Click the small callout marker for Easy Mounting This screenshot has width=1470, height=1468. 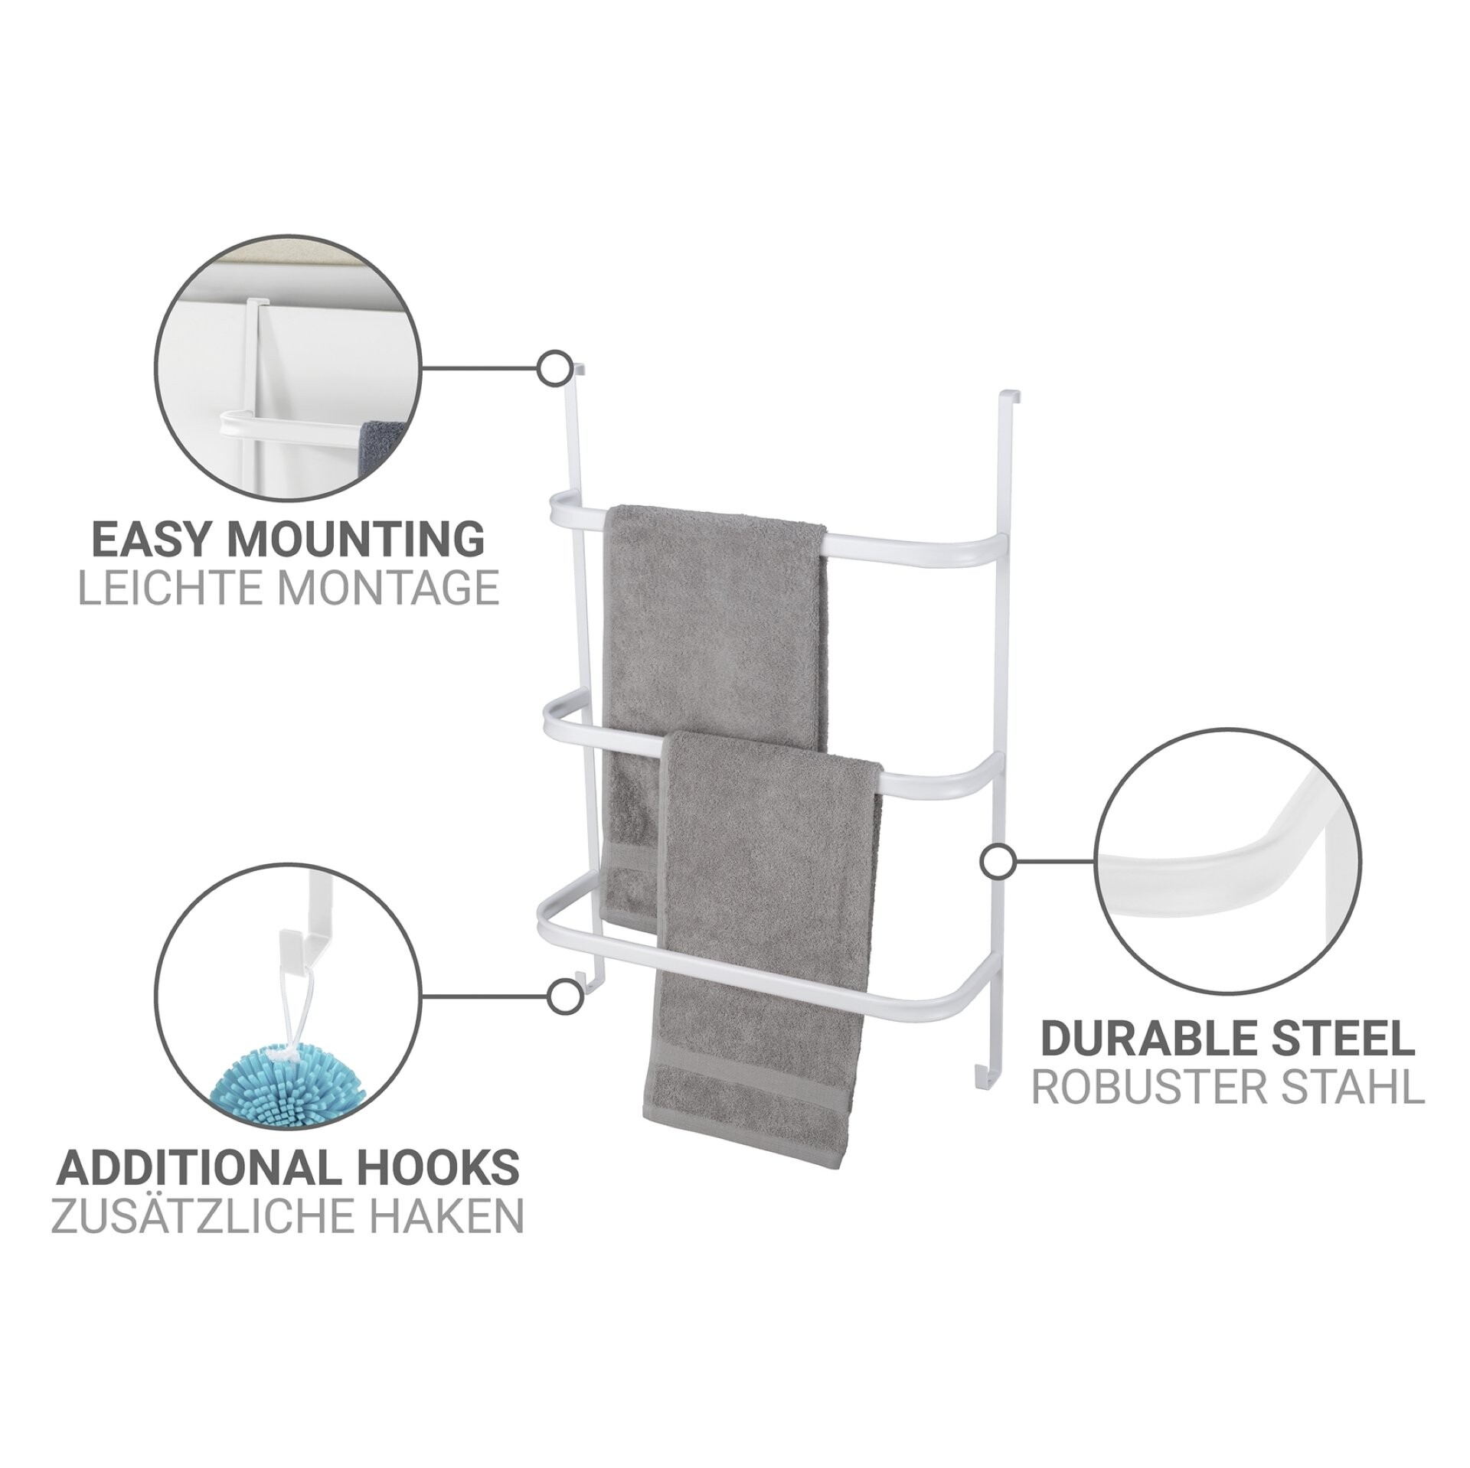click(x=554, y=370)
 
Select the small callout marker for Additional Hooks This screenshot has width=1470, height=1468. click(x=563, y=997)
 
